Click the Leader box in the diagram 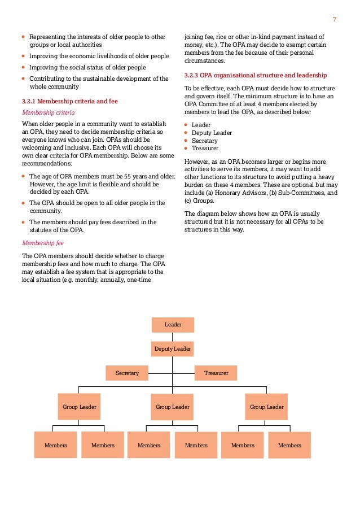point(173,325)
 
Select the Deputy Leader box point(173,349)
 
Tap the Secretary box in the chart point(127,373)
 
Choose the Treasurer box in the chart point(216,373)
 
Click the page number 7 point(335,20)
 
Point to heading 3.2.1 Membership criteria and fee point(69,101)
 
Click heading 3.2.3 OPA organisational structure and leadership point(255,75)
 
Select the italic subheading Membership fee point(43,243)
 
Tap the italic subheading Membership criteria point(48,112)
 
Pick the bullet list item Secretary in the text point(204,141)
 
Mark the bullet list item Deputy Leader point(212,133)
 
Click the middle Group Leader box point(173,407)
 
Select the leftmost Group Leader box point(80,407)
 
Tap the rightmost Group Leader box point(267,407)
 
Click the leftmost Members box point(56,445)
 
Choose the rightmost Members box point(289,445)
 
